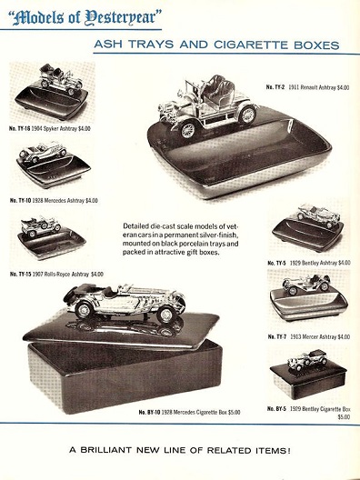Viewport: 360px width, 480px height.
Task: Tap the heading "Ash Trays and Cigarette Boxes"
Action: [216, 45]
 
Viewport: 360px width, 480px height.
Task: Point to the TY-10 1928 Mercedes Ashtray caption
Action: [54, 200]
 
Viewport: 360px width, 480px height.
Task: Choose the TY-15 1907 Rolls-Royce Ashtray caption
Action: [56, 274]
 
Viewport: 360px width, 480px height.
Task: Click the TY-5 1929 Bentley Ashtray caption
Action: [309, 263]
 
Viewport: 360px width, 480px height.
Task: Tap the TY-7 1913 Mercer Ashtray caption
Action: [309, 336]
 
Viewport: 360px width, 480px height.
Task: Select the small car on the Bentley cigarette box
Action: [308, 361]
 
